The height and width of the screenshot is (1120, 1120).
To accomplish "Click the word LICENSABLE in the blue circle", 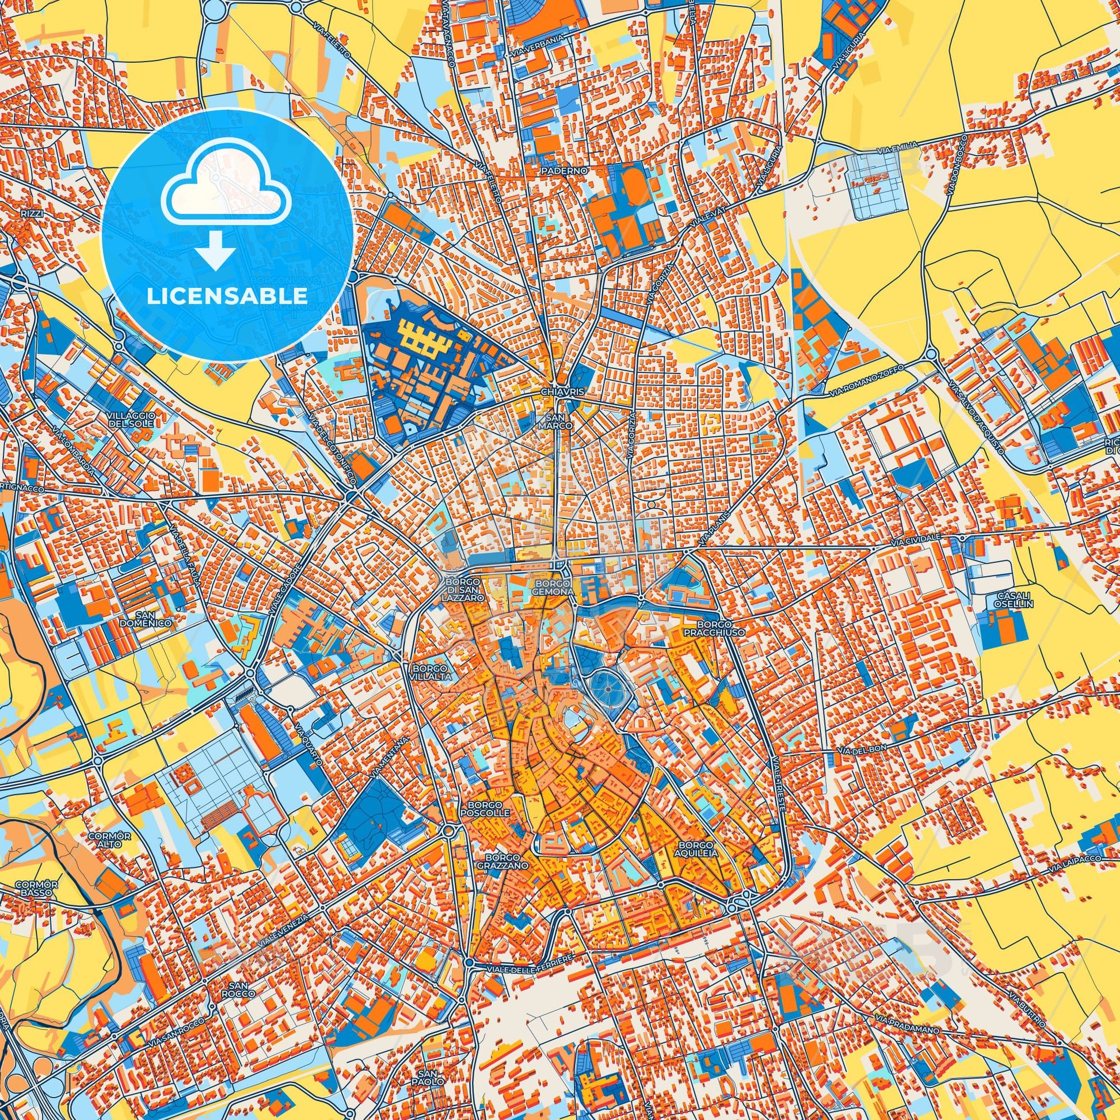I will click(x=227, y=296).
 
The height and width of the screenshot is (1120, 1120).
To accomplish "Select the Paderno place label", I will click(x=557, y=172).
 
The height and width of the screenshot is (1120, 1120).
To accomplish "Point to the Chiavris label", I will click(x=557, y=393).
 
